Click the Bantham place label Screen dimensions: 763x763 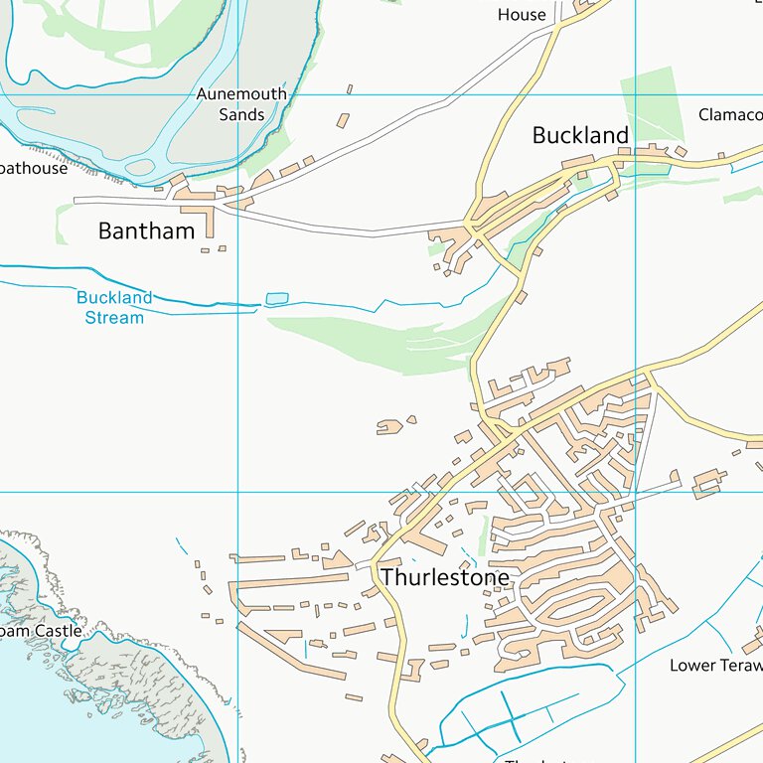point(146,231)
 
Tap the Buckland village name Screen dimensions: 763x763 point(580,136)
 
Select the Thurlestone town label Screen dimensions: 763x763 point(444,577)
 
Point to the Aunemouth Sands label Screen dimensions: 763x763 point(241,103)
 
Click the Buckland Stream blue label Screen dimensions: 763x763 point(114,307)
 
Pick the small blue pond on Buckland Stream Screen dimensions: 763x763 point(276,298)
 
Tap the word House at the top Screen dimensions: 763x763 point(522,14)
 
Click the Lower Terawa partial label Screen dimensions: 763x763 point(715,665)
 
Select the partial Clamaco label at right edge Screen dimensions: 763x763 point(729,115)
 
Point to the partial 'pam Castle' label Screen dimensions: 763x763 point(42,631)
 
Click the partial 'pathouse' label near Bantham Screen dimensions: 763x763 point(34,168)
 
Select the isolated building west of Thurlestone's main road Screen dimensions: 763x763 point(389,427)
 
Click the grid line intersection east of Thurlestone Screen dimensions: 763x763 point(636,492)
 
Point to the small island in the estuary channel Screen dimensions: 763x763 point(140,166)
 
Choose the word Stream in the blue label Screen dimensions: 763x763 point(114,318)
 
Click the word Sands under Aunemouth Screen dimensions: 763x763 point(241,114)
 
